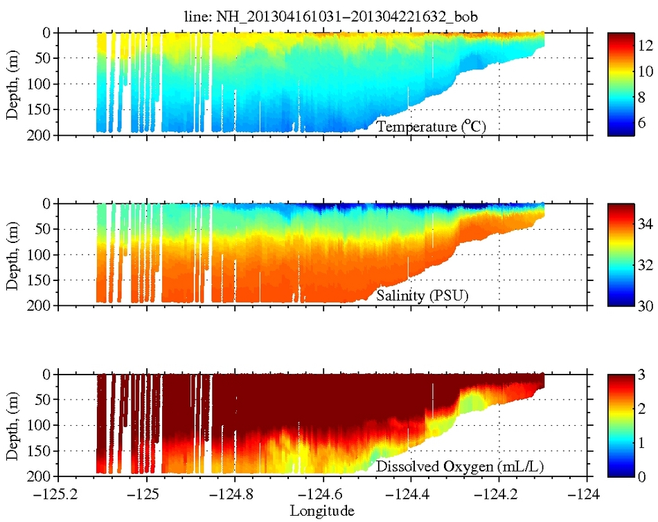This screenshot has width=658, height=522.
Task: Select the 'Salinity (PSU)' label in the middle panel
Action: tap(422, 297)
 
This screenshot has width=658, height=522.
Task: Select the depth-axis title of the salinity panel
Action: tap(12, 254)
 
